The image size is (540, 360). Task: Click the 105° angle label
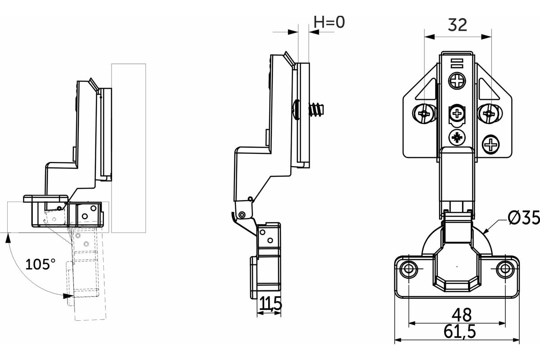click(x=40, y=264)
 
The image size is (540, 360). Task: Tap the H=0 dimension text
click(x=329, y=22)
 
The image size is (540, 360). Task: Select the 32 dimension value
click(x=458, y=25)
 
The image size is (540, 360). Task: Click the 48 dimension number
click(x=462, y=315)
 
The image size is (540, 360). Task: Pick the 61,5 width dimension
click(x=460, y=332)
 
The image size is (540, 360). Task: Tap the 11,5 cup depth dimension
click(x=271, y=303)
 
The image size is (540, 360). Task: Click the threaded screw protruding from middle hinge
click(x=316, y=109)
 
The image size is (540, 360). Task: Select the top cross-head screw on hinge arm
click(x=457, y=81)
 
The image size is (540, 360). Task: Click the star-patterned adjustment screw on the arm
click(x=457, y=138)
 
